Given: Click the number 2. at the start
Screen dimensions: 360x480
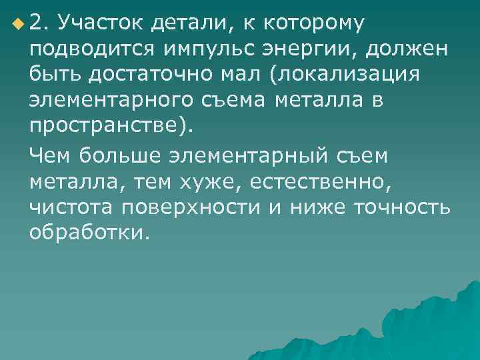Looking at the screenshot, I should [x=40, y=24].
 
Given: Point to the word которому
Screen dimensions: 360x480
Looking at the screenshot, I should [x=313, y=24].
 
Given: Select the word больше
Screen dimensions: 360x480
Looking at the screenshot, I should [x=117, y=156].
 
